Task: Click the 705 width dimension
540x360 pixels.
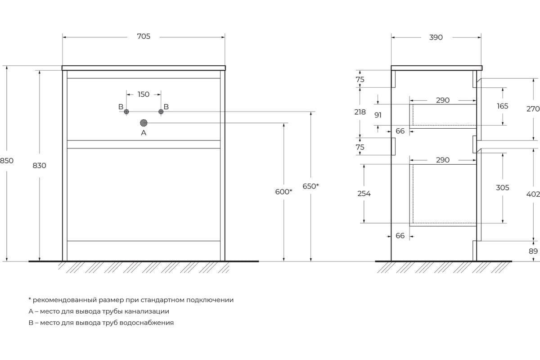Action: [x=144, y=36]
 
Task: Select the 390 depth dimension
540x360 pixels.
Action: [x=436, y=37]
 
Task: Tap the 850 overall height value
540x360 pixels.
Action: [x=6, y=161]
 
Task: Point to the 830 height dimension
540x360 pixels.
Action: [x=39, y=166]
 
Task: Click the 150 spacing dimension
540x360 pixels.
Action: [x=144, y=94]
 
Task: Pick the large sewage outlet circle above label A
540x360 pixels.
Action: [x=144, y=123]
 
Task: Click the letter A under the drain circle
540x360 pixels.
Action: [x=144, y=133]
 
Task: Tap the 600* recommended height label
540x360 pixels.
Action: [x=284, y=192]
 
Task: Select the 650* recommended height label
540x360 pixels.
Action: [x=311, y=186]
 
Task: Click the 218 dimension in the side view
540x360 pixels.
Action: [x=360, y=112]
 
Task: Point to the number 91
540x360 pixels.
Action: [x=378, y=115]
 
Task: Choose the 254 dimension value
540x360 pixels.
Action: [x=364, y=193]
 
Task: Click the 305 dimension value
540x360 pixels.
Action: [x=502, y=188]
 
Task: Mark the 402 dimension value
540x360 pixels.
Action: [x=533, y=194]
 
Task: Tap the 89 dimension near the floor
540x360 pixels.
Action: [x=533, y=251]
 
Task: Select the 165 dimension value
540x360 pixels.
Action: [x=502, y=106]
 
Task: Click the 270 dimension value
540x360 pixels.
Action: [x=533, y=109]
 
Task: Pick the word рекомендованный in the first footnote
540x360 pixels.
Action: [x=65, y=300]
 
